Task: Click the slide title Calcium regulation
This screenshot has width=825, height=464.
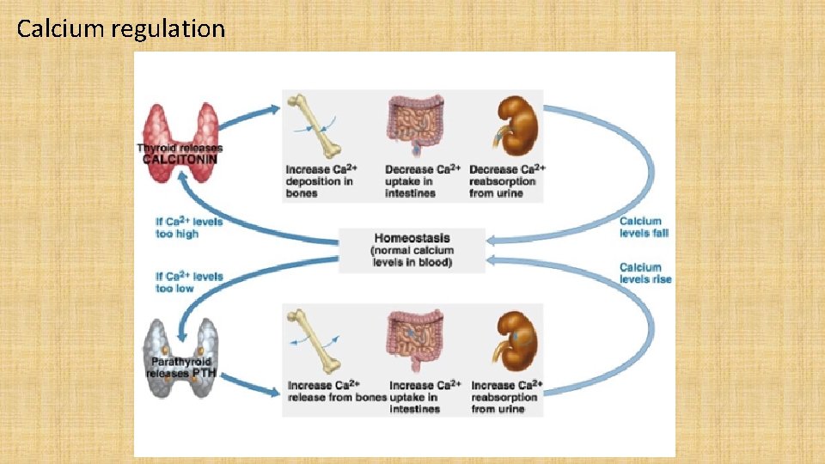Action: point(120,29)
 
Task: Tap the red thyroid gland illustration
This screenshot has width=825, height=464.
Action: point(180,129)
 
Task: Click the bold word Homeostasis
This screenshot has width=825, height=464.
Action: point(412,238)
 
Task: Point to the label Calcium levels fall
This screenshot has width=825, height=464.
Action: point(644,227)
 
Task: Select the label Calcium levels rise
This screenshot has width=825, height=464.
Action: point(645,273)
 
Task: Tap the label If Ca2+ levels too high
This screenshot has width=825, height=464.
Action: point(189,228)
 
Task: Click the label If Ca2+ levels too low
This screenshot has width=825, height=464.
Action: point(189,282)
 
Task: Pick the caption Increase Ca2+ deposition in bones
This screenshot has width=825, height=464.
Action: point(322,181)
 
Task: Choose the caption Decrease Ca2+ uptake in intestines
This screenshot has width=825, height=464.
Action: point(423,181)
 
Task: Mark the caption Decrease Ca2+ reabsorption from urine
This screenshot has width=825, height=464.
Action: point(507,181)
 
